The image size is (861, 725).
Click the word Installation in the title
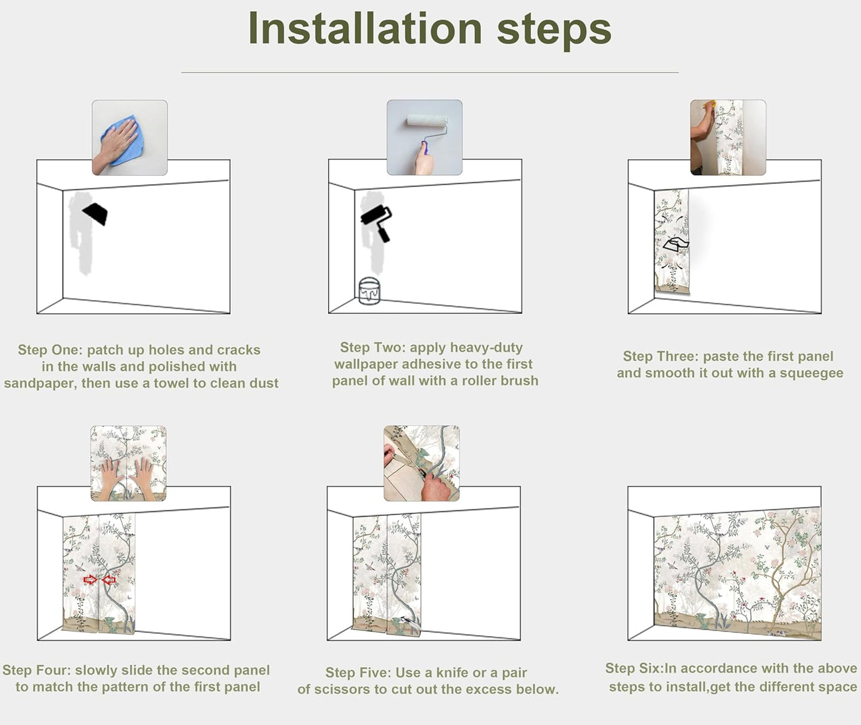tap(365, 28)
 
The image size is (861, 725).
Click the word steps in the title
tap(554, 32)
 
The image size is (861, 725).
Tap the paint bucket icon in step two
tap(369, 291)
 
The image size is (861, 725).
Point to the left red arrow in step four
tap(90, 580)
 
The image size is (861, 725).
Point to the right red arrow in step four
tap(109, 580)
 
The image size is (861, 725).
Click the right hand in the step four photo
tap(144, 477)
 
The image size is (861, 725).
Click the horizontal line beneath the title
tap(430, 73)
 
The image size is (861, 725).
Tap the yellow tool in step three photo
tap(709, 104)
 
